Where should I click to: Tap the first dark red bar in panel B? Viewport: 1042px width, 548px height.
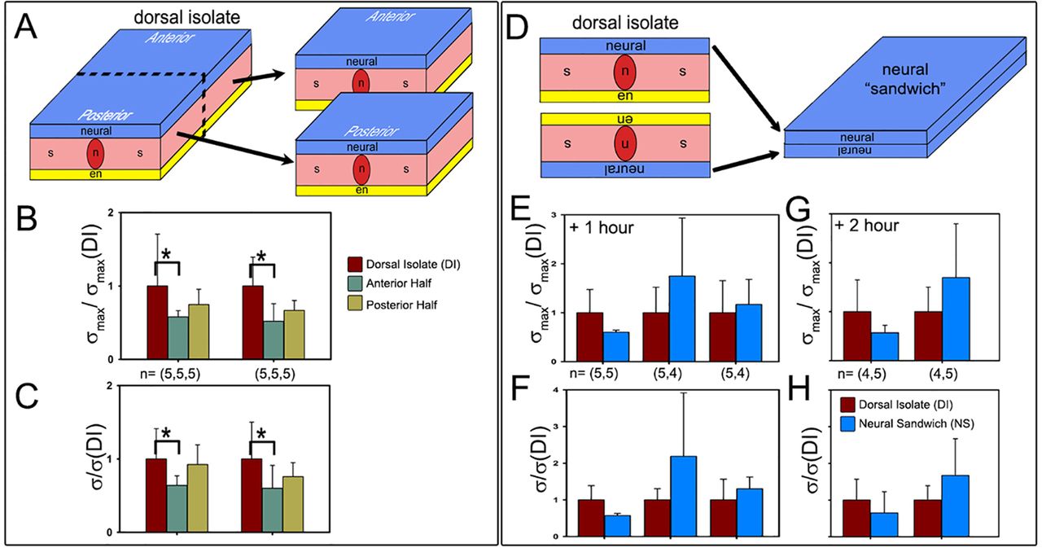pos(157,322)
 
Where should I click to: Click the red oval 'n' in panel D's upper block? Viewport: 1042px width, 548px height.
pos(625,72)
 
